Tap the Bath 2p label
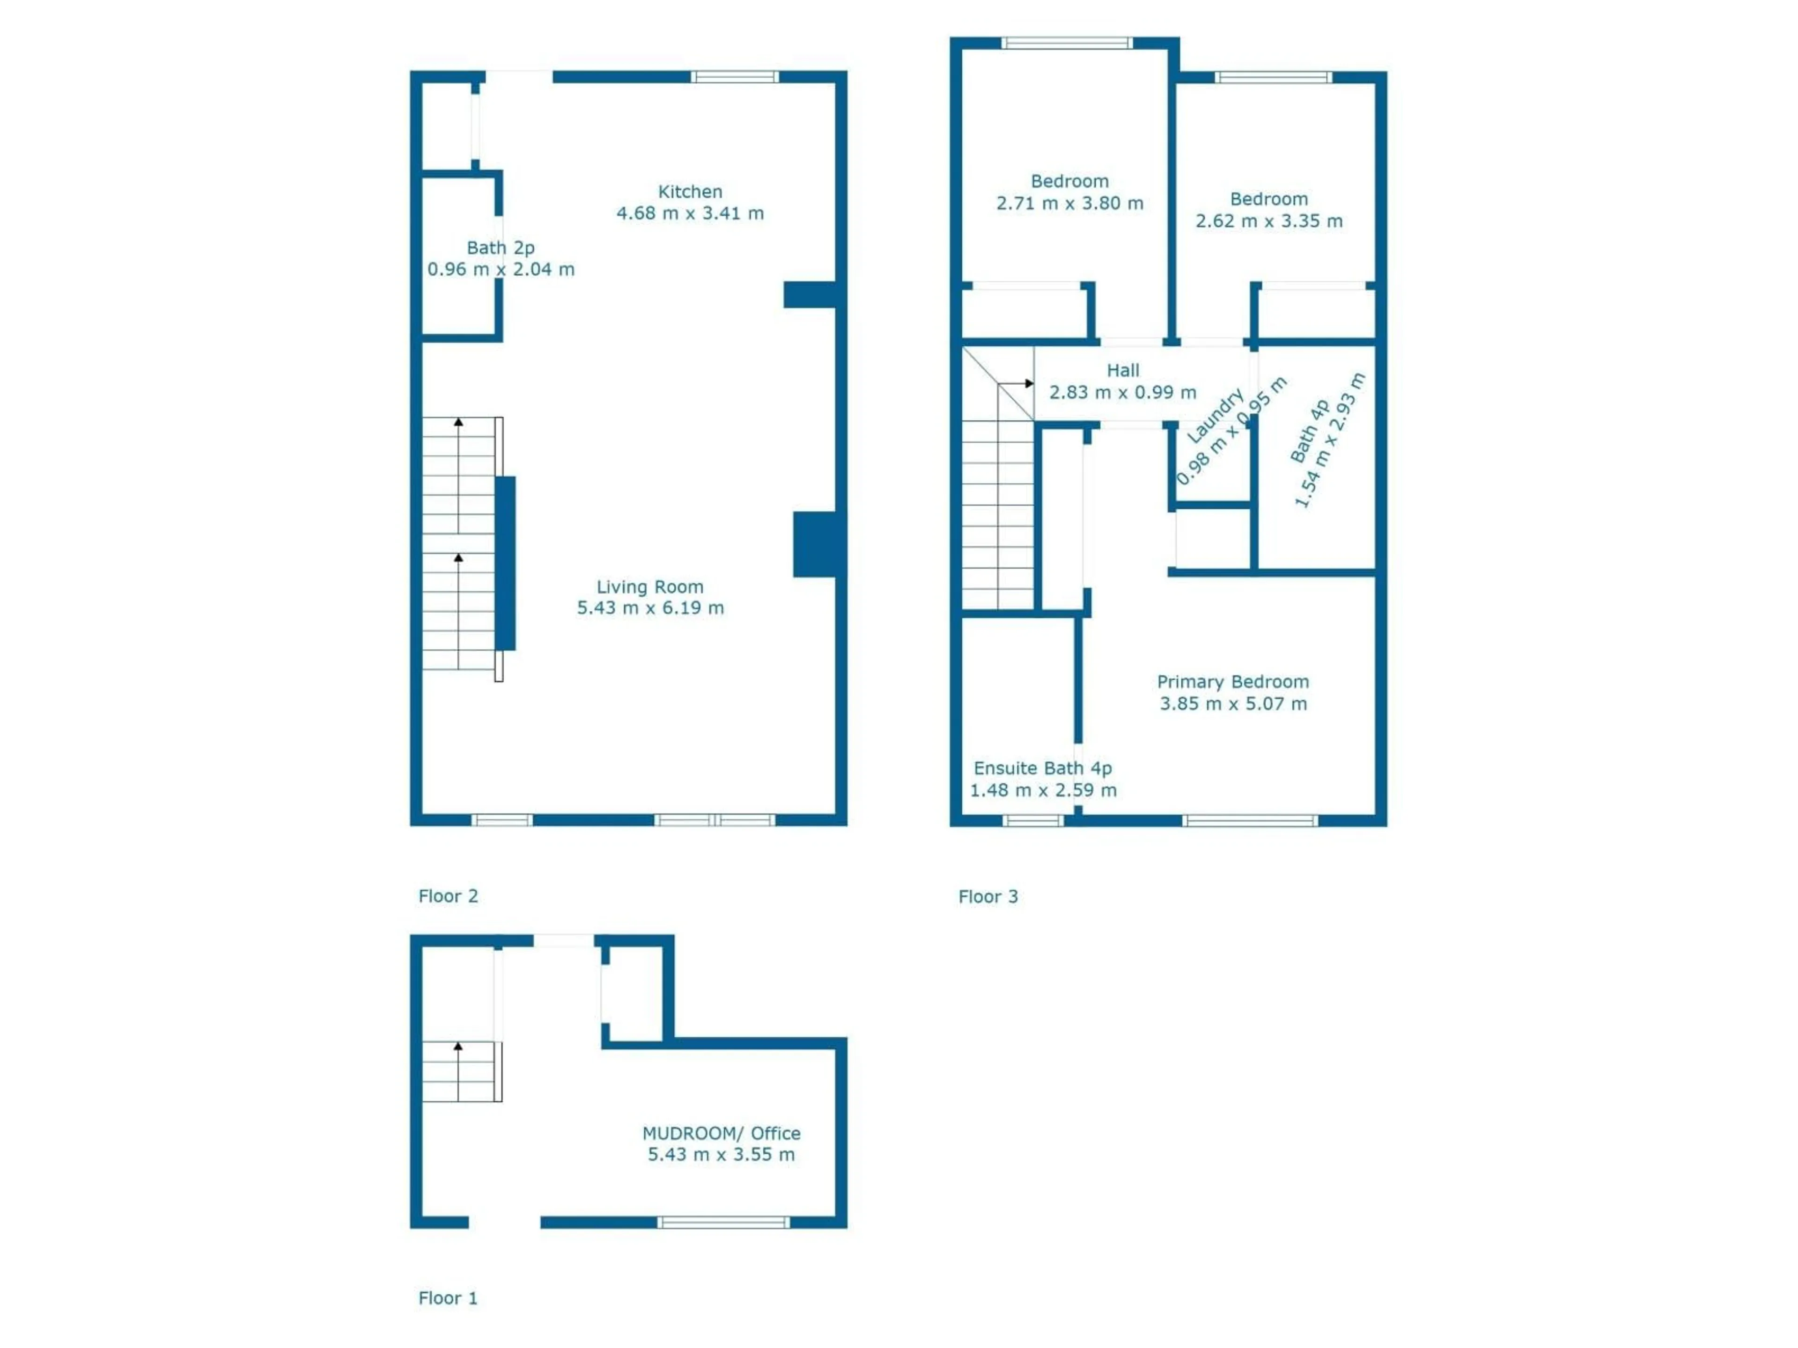500,248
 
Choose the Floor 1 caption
448,1297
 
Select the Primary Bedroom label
1232,681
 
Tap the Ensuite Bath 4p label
1042,768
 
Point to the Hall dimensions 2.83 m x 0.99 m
1122,392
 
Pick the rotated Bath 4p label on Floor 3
1310,431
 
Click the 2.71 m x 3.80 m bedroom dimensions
1070,203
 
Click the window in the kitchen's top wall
735,77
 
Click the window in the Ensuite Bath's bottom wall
1032,821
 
